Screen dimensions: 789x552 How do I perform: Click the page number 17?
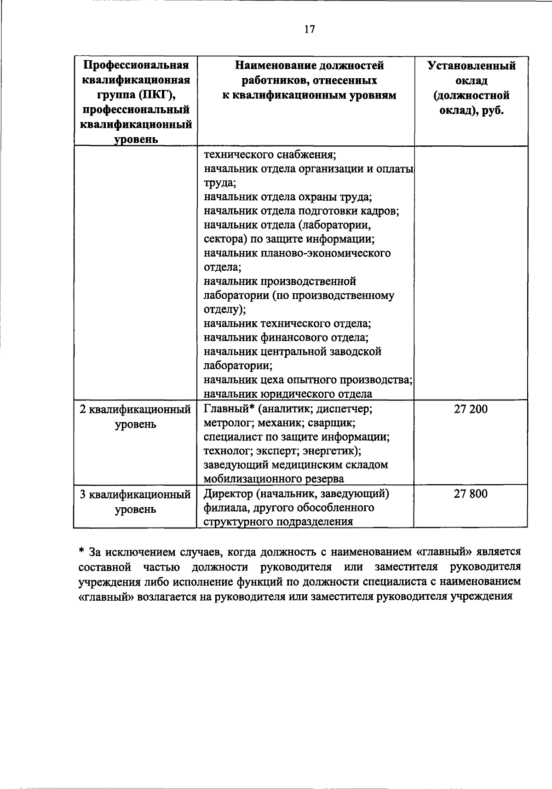[x=310, y=29]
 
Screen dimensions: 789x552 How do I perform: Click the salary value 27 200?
[x=471, y=409]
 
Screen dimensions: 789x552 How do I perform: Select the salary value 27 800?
[x=471, y=494]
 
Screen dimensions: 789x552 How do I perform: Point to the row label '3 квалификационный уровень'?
[x=135, y=502]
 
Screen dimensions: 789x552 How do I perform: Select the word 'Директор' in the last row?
[x=228, y=494]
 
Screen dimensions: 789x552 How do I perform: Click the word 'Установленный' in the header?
[x=471, y=65]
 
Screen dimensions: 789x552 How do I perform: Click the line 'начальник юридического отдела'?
[x=288, y=394]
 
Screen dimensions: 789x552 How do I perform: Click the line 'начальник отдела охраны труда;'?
[x=288, y=197]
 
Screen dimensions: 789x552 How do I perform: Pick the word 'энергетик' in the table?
[x=333, y=451]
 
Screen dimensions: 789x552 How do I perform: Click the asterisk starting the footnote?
[x=81, y=552]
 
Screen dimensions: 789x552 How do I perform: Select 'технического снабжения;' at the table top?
[x=270, y=155]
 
